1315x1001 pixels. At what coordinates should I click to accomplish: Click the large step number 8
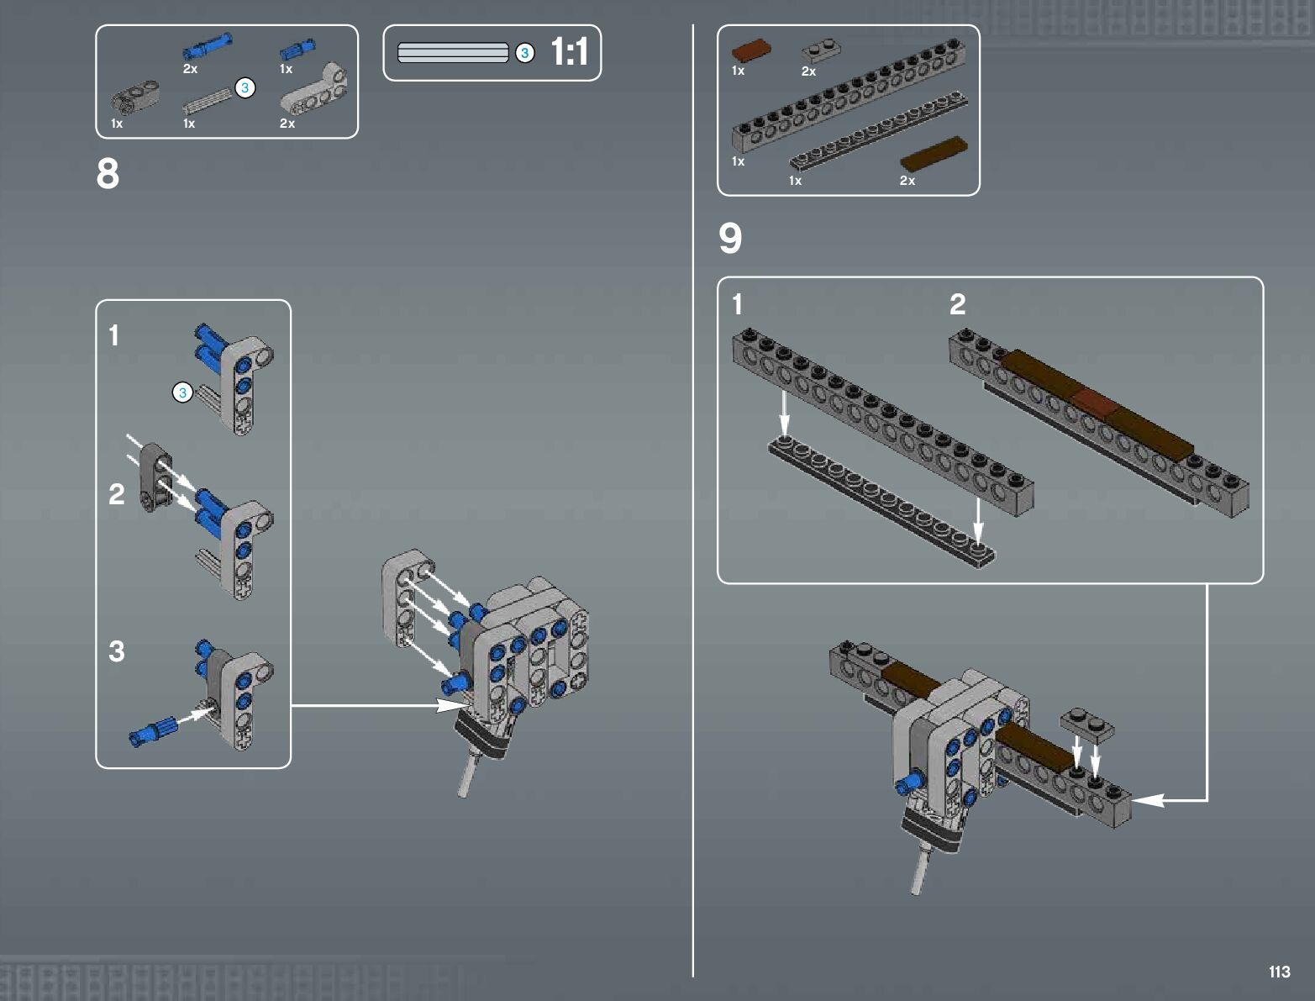[x=108, y=174]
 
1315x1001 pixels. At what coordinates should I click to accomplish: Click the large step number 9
[x=730, y=238]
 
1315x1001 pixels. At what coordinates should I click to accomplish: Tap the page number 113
[x=1280, y=972]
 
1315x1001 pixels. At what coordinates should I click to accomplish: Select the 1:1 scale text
[x=569, y=51]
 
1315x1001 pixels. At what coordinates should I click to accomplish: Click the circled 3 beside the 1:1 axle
[x=525, y=53]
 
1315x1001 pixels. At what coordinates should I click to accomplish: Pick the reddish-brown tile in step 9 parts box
[x=751, y=50]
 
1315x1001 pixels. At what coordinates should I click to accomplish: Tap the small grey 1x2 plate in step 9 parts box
[x=821, y=51]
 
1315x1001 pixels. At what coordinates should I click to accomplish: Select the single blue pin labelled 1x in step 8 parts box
[x=297, y=50]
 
